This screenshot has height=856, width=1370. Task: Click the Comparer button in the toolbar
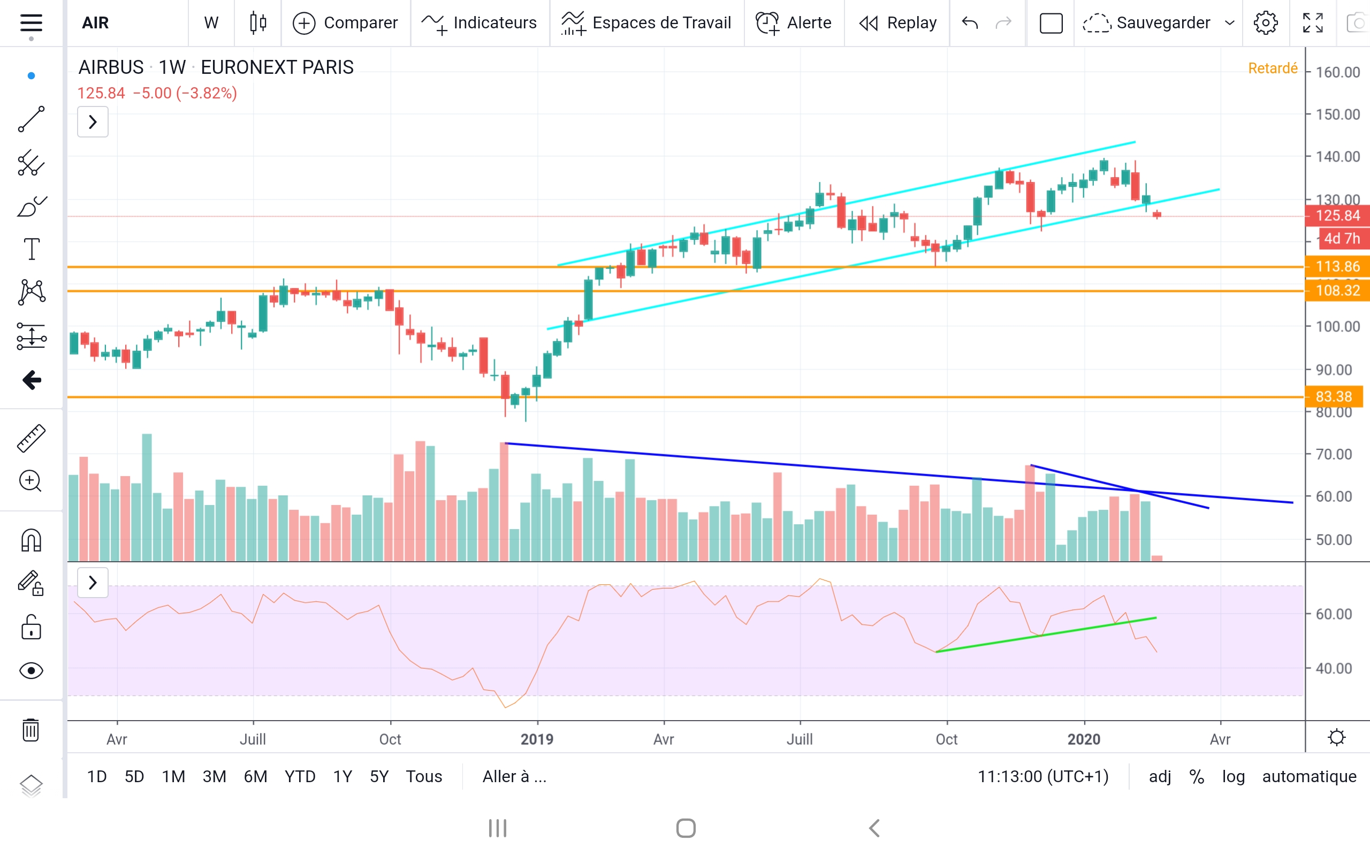click(x=345, y=22)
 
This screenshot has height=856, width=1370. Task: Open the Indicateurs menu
click(x=479, y=22)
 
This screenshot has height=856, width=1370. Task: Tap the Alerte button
click(x=794, y=22)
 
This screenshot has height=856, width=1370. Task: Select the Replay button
click(x=898, y=22)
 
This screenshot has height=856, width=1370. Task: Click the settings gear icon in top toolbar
click(x=1265, y=22)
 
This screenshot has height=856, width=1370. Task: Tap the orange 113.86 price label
click(x=1337, y=266)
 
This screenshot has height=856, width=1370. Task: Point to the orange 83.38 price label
click(x=1333, y=396)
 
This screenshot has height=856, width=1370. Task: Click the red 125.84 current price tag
click(x=1337, y=216)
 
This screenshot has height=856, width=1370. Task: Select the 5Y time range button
click(x=379, y=776)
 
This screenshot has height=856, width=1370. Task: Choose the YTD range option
click(x=300, y=776)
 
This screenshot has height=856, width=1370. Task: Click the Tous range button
click(x=423, y=776)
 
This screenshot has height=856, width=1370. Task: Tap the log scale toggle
click(x=1233, y=776)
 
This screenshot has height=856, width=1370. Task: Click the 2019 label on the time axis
click(x=537, y=739)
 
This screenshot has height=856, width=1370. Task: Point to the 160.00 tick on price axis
click(x=1337, y=72)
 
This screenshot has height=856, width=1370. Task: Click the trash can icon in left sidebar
click(x=31, y=730)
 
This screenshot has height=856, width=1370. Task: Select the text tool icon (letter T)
click(x=31, y=249)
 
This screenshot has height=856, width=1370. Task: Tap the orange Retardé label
click(x=1272, y=68)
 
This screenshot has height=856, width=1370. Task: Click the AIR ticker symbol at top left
click(x=95, y=22)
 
